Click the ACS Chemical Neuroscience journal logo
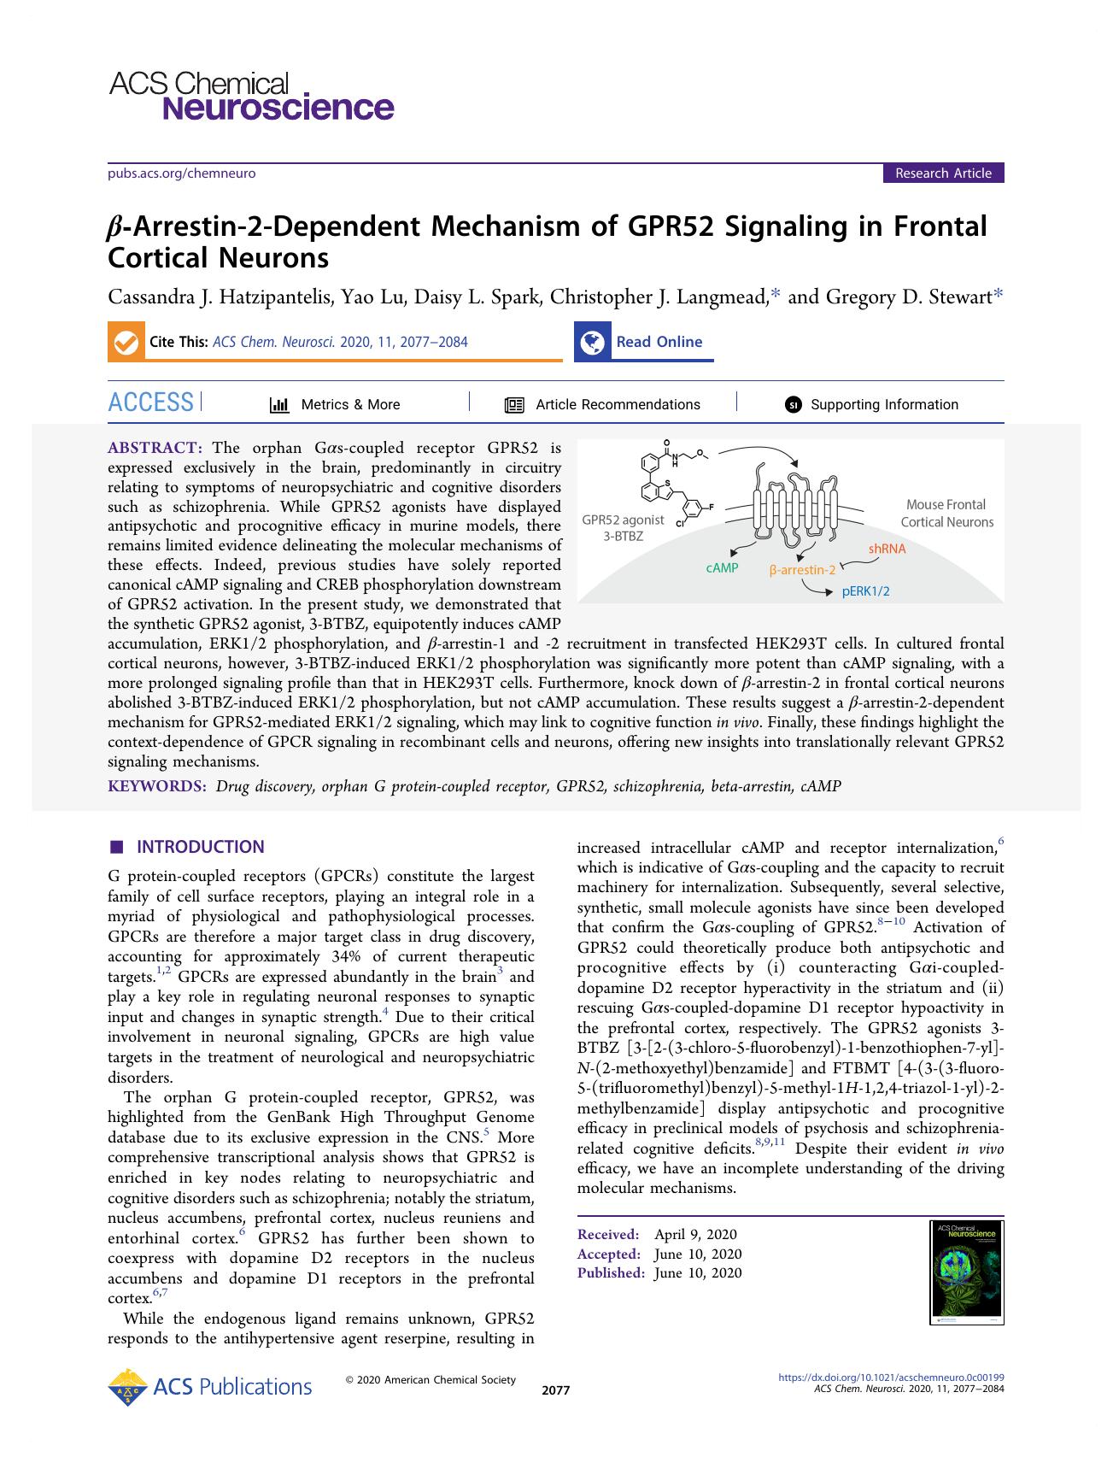pyautogui.click(x=251, y=96)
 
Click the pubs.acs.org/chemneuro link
pyautogui.click(x=181, y=173)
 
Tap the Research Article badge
pyautogui.click(x=943, y=173)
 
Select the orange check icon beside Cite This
pyautogui.click(x=125, y=342)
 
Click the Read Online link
pyautogui.click(x=659, y=342)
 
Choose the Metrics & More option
pyautogui.click(x=349, y=405)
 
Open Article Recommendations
pyautogui.click(x=617, y=405)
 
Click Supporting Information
pyautogui.click(x=883, y=405)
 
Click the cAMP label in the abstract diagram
pyautogui.click(x=722, y=568)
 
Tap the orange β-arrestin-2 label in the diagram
pyautogui.click(x=801, y=570)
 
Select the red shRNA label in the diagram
pyautogui.click(x=887, y=549)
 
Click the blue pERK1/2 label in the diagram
pyautogui.click(x=865, y=590)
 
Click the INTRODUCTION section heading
pyautogui.click(x=200, y=847)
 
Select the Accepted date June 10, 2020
pyautogui.click(x=697, y=1254)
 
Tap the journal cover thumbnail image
pyautogui.click(x=966, y=1272)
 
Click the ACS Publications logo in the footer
pyautogui.click(x=210, y=1386)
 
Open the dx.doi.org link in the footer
pyautogui.click(x=891, y=1377)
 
